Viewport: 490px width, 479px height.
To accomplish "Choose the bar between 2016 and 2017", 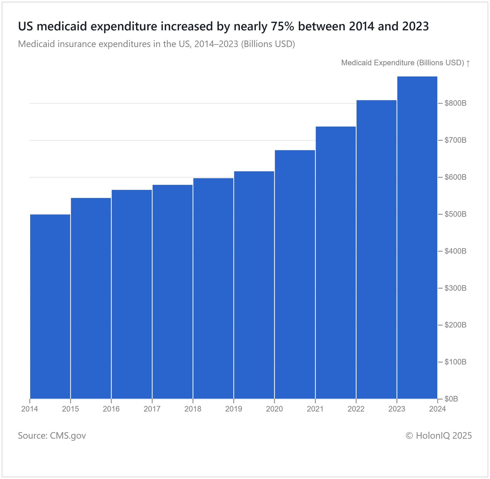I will click(132, 294).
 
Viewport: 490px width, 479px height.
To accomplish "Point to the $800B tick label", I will click(455, 103).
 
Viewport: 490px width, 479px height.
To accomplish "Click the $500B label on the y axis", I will click(455, 214).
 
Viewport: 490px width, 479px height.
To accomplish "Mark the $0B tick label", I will click(451, 399).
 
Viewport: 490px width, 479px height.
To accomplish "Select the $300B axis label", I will click(455, 288).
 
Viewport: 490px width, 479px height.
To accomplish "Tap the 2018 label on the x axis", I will click(193, 409).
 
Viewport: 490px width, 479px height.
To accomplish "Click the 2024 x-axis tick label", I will click(438, 409).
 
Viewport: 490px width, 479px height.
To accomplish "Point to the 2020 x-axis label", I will click(274, 409).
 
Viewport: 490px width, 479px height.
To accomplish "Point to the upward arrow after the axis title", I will click(468, 63).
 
